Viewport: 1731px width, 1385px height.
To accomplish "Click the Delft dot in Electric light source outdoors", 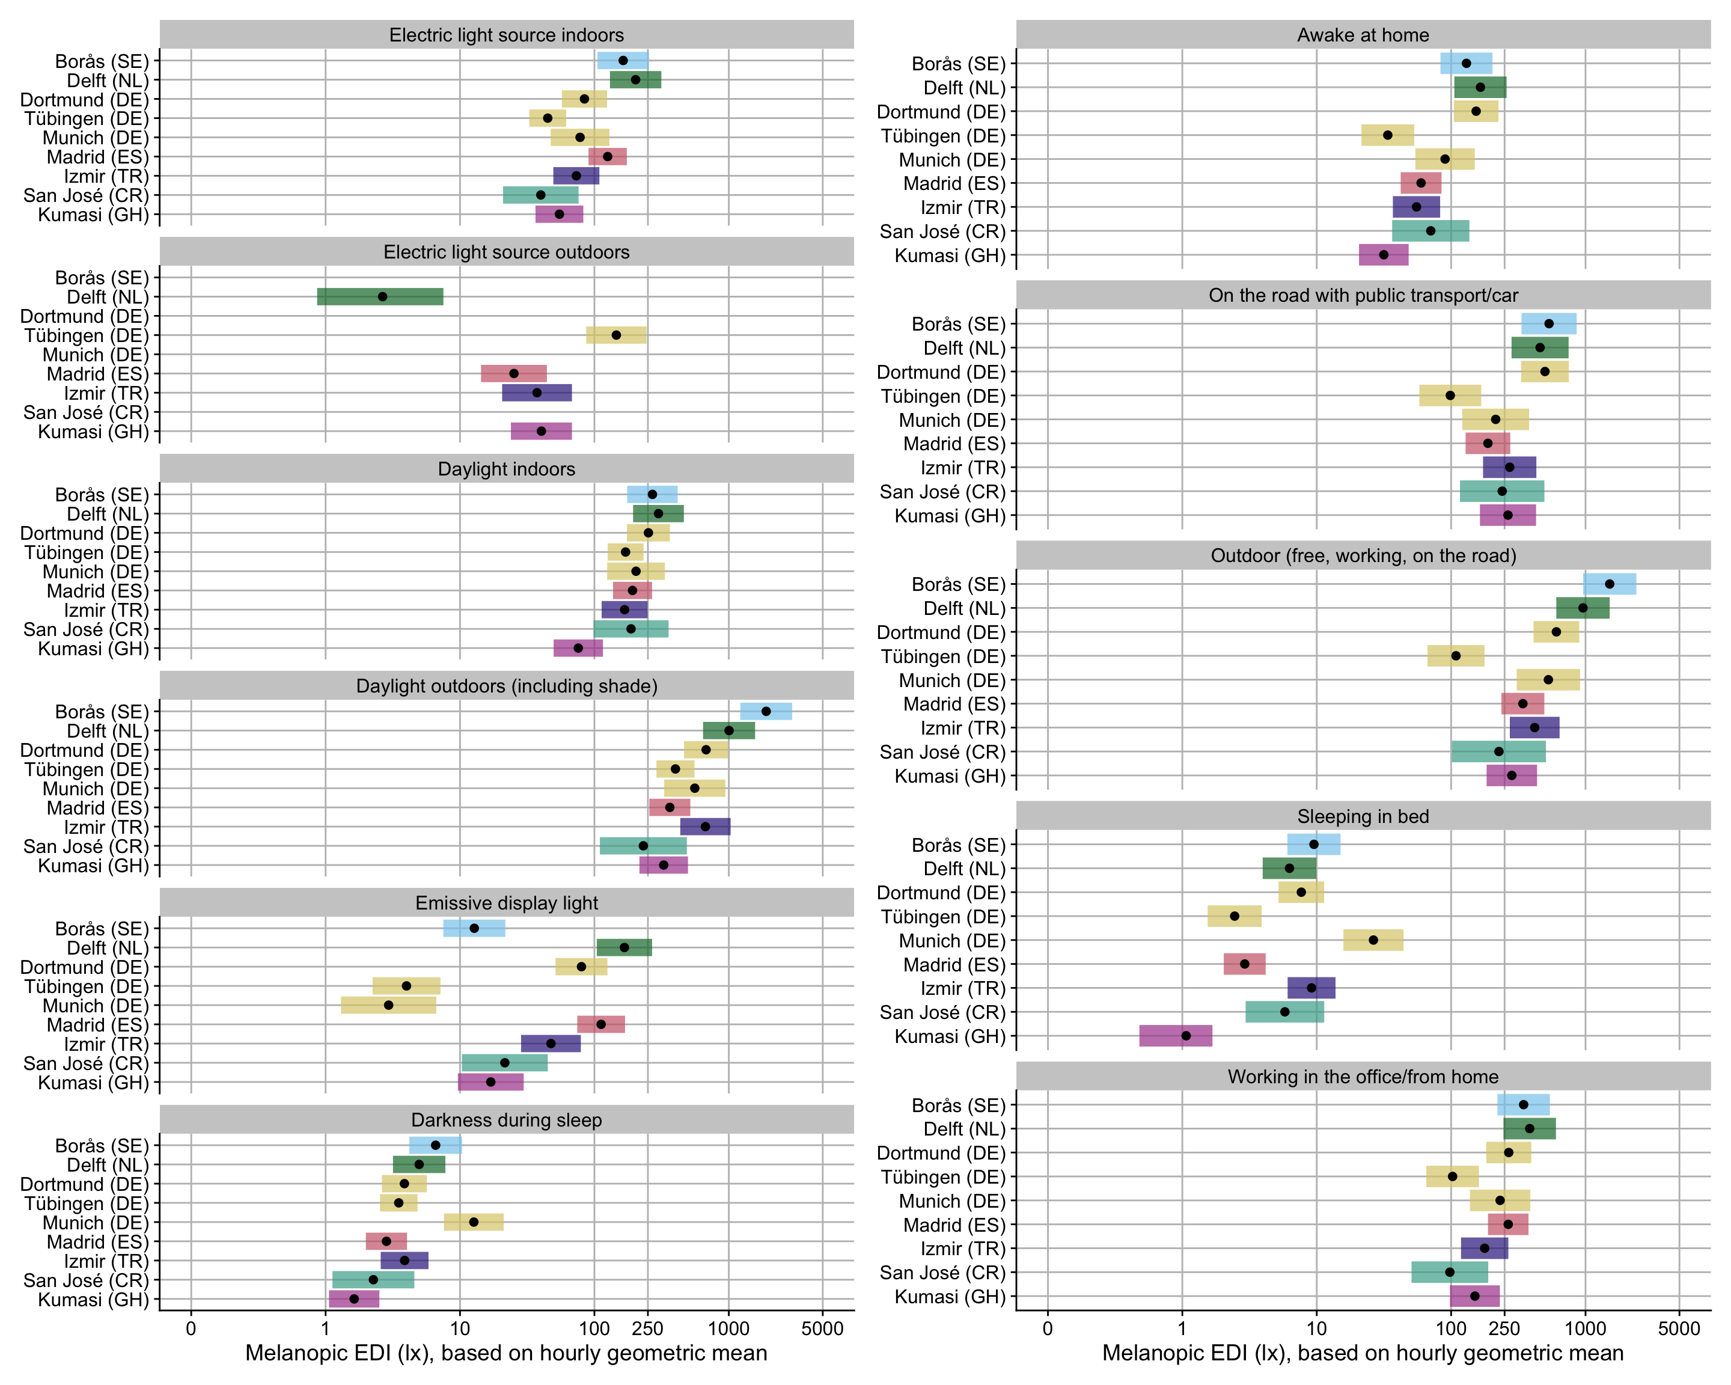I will [382, 297].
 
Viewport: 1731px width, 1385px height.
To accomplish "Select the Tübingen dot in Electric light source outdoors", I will [616, 335].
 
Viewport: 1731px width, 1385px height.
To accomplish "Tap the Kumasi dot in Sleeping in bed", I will [1186, 1036].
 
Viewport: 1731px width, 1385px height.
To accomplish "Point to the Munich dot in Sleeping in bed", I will [1373, 940].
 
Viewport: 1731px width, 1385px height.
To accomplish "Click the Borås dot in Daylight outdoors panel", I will [766, 711].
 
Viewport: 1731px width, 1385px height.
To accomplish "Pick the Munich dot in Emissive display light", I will [389, 1005].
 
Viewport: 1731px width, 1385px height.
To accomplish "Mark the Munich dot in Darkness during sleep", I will [474, 1222].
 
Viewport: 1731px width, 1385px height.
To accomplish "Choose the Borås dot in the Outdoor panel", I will [1609, 584].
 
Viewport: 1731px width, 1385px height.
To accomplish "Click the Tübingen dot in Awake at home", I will [1387, 135].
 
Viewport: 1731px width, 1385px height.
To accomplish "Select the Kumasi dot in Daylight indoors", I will [578, 648].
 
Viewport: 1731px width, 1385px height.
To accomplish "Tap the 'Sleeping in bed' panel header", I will [1363, 816].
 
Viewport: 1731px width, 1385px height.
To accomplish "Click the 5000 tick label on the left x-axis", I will [822, 1329].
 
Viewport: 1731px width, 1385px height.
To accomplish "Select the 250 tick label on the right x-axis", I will [1504, 1329].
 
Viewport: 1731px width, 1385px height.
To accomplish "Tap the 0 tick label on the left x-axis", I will [191, 1329].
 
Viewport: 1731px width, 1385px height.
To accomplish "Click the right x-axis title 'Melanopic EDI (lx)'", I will [1363, 1354].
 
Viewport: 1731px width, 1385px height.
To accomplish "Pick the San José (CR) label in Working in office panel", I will [942, 1273].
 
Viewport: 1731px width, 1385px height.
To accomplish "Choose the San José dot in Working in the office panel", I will [1449, 1272].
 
